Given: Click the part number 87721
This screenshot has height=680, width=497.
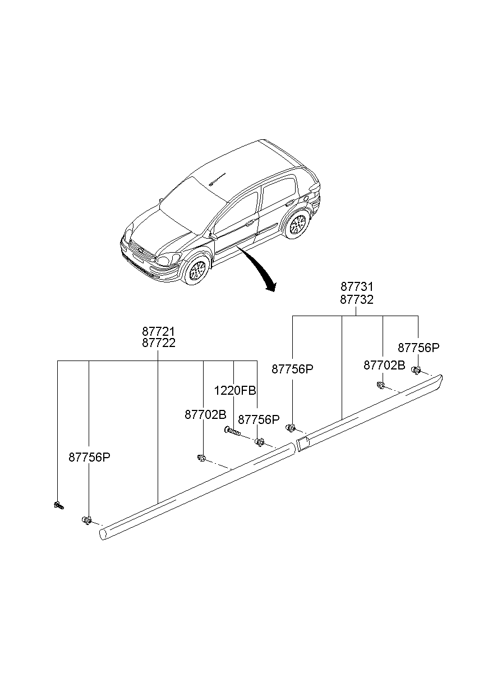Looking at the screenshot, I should (x=158, y=331).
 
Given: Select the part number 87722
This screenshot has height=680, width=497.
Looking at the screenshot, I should (x=158, y=343).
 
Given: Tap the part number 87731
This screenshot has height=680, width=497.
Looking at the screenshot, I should (x=356, y=287).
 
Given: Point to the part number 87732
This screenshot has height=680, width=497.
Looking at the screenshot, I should (x=356, y=299).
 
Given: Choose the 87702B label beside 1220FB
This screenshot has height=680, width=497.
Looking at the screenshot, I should (x=205, y=414).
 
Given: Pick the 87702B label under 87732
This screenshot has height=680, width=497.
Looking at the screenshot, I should (x=384, y=365).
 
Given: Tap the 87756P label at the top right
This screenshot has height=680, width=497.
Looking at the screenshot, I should (x=418, y=348).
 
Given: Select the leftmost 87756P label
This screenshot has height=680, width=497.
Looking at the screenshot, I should (x=89, y=457).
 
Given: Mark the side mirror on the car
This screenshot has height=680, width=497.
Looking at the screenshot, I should (x=213, y=236).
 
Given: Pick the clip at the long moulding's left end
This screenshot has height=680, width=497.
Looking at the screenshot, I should (x=87, y=521).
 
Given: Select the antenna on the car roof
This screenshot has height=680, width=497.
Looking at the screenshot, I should (x=217, y=179).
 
